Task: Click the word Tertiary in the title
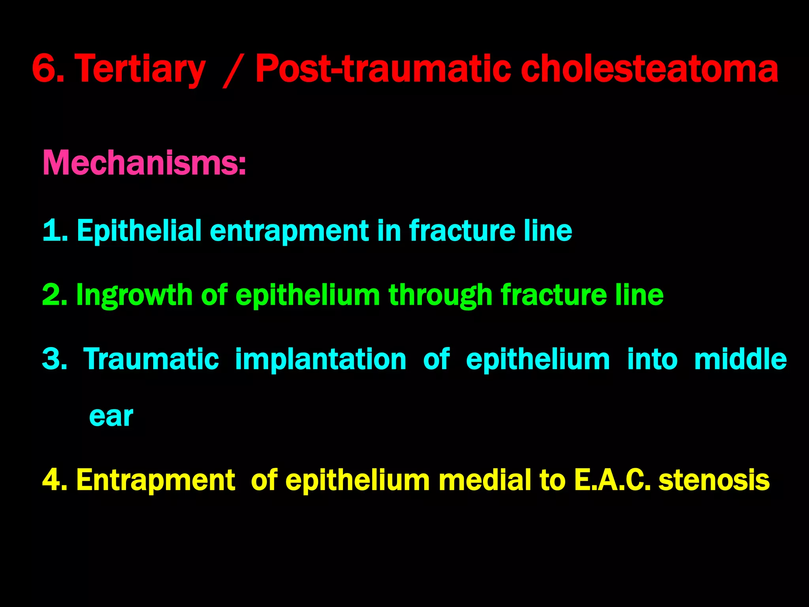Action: pos(140,69)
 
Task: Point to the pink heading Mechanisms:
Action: pos(144,163)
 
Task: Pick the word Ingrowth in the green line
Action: pos(134,295)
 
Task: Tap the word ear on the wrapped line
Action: pos(111,417)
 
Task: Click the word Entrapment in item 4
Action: pos(156,480)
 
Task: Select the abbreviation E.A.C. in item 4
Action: pos(612,480)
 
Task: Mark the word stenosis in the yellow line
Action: pos(714,480)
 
